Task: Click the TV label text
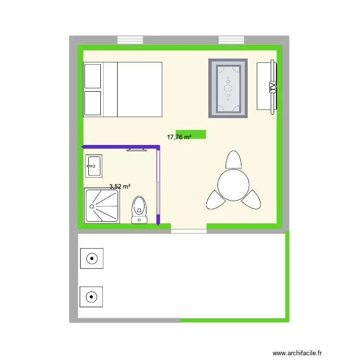[x=272, y=87]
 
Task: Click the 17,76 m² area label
[x=179, y=137]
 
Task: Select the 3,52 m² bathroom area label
[x=120, y=186]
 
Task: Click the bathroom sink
[x=93, y=166]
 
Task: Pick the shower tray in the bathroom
[x=102, y=205]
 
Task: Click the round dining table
[x=233, y=184]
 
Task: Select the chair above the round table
[x=233, y=160]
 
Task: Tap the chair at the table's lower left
[x=214, y=200]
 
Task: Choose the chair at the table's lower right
[x=251, y=199]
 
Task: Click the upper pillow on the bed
[x=93, y=76]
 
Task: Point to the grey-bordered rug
[x=228, y=88]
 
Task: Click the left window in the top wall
[x=130, y=40]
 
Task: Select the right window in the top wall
[x=231, y=40]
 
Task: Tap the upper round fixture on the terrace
[x=91, y=260]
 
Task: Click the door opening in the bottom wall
[x=189, y=231]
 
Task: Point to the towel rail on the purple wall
[x=136, y=150]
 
